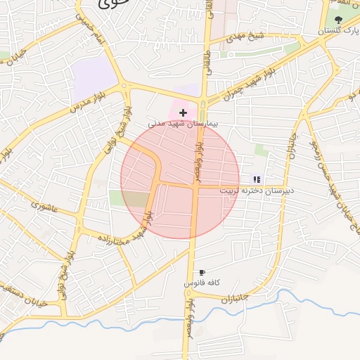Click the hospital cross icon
coord(184,112)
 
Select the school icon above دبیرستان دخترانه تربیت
coord(257,179)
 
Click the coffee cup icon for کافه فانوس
coord(202,272)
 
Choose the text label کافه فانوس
coord(202,283)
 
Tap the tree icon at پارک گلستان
coord(339,20)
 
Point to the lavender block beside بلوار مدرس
coord(93,75)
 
